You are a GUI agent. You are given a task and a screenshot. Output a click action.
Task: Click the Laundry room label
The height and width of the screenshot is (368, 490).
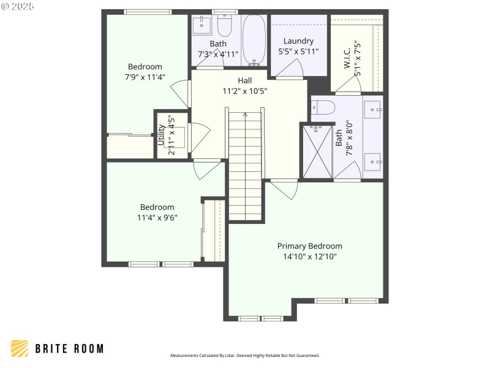click(298, 41)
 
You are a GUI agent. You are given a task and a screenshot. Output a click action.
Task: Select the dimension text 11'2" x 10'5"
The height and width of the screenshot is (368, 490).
click(244, 91)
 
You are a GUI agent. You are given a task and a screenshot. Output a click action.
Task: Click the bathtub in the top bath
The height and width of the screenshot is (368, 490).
click(254, 40)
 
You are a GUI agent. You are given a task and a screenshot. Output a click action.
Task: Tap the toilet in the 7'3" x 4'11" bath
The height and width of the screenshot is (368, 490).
click(224, 25)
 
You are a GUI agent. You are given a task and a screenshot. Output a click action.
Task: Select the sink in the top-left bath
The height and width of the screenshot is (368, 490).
click(202, 25)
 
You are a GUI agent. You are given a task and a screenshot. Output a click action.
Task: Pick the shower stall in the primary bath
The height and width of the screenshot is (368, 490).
click(316, 151)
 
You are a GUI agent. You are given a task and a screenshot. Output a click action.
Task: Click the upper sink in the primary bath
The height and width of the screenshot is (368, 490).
click(373, 110)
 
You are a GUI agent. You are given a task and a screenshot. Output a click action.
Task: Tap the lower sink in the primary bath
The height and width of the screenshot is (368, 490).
click(373, 163)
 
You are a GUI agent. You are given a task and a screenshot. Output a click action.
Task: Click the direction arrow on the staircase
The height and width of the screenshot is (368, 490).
click(245, 115)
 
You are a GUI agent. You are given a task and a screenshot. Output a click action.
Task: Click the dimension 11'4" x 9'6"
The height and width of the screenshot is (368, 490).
click(157, 217)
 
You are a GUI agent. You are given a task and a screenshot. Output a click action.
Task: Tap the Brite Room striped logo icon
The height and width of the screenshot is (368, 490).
click(20, 348)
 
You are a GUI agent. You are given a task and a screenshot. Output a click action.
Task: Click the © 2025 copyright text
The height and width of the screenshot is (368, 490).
click(18, 6)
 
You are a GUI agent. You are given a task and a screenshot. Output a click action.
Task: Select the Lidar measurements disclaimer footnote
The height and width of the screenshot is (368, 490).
click(244, 356)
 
